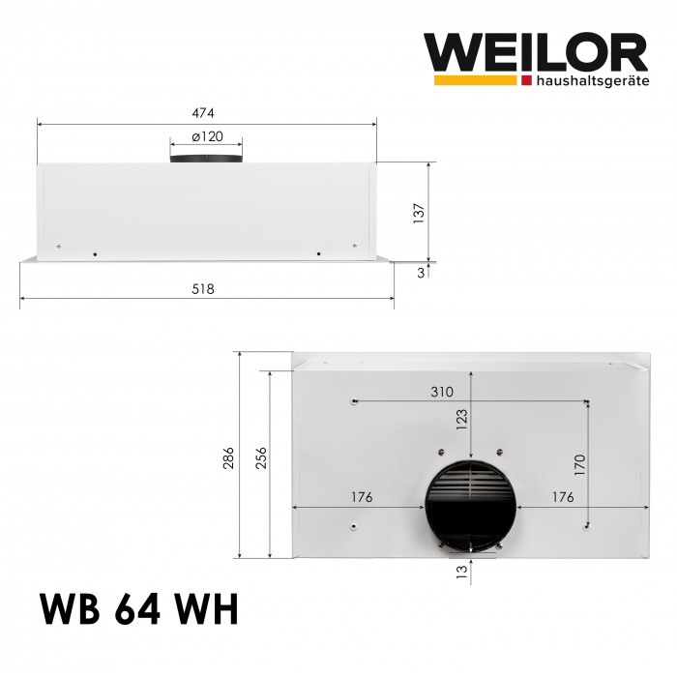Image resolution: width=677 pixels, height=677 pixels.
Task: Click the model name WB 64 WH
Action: [138, 611]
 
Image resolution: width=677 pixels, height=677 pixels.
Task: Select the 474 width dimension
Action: [205, 110]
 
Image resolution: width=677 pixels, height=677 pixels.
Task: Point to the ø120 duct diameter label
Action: [207, 137]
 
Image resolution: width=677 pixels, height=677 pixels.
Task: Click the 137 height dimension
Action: [419, 212]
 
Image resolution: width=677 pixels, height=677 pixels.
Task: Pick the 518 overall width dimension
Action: [203, 289]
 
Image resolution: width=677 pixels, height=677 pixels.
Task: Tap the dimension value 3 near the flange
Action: [421, 273]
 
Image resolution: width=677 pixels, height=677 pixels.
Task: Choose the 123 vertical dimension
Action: [461, 418]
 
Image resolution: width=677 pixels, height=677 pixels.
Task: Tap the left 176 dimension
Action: [361, 497]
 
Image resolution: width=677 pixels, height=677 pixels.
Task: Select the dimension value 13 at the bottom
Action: [461, 572]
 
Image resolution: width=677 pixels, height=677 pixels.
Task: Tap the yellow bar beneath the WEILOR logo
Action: [475, 81]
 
